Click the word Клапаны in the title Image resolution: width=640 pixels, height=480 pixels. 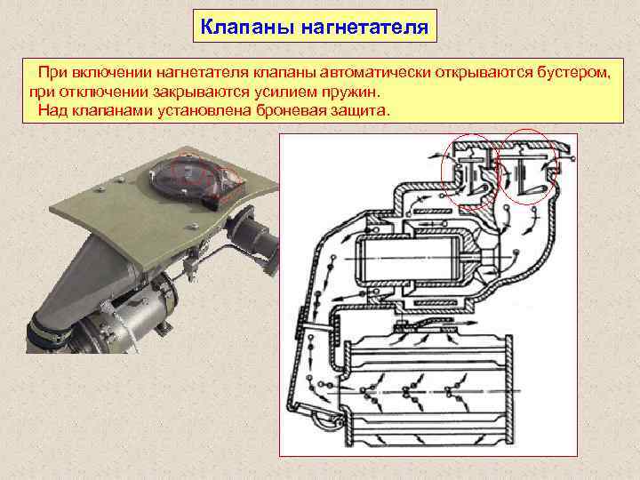[x=247, y=27]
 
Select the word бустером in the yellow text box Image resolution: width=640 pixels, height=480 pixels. [x=574, y=72]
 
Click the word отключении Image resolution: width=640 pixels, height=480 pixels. [x=104, y=92]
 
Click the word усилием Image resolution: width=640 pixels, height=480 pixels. [x=285, y=92]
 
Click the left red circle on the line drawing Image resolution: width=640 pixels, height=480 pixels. [x=443, y=172]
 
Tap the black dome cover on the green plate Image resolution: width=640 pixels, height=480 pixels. [x=184, y=175]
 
